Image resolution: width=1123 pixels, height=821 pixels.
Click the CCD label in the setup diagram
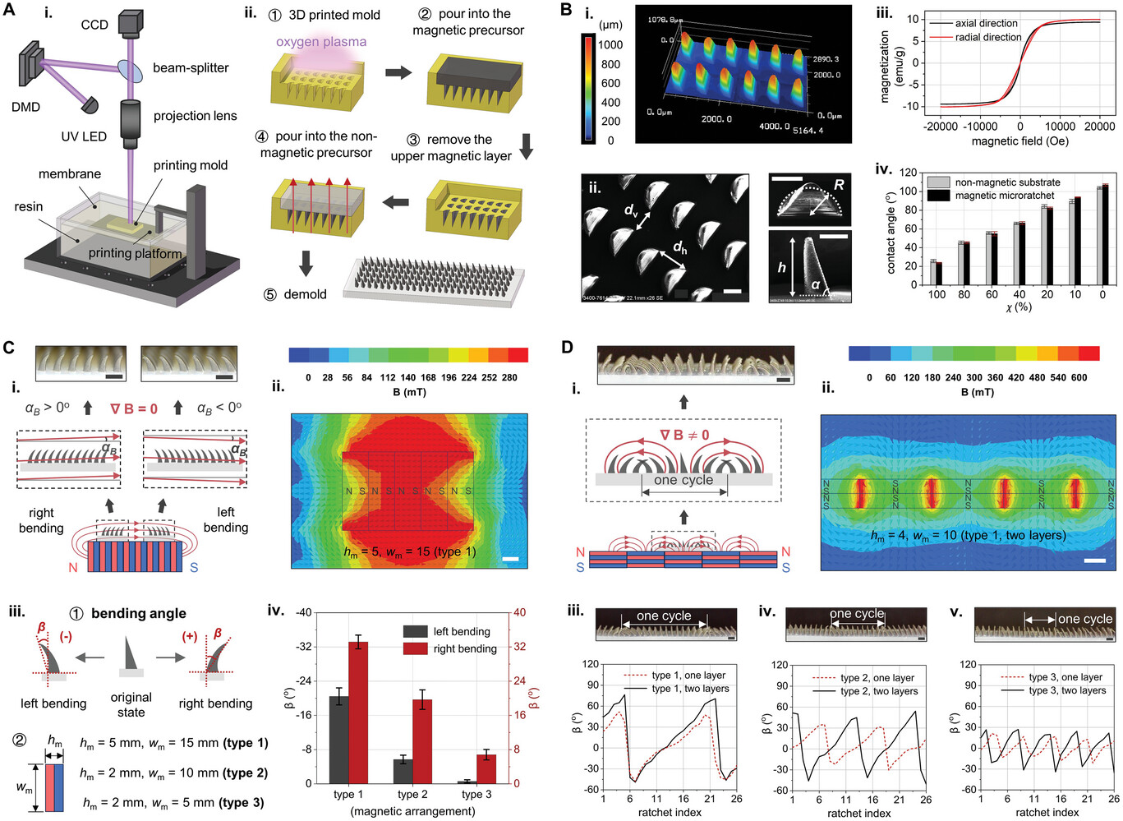94,25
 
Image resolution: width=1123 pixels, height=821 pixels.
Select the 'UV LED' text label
84,136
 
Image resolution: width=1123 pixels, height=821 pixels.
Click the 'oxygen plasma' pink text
321,42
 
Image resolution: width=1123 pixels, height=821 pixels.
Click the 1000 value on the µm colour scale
610,44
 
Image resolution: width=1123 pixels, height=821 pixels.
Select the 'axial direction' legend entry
986,23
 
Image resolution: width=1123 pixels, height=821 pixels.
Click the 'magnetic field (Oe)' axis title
1019,141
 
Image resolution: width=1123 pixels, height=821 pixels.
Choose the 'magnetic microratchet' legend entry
1005,196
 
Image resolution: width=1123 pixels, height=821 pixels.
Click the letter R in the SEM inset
839,185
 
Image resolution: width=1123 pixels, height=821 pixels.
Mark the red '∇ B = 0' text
134,408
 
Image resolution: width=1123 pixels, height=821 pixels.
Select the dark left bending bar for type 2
402,771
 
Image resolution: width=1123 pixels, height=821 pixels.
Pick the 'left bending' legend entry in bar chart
461,631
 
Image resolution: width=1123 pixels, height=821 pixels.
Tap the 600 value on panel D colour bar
1079,377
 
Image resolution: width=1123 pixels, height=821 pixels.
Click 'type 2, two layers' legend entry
879,692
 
